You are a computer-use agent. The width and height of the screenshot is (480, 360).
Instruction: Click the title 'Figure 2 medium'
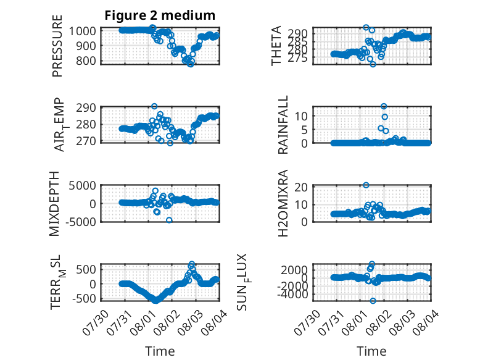(160, 15)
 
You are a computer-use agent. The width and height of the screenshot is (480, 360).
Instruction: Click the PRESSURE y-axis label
(57, 46)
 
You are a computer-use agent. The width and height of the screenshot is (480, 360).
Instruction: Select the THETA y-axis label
(276, 46)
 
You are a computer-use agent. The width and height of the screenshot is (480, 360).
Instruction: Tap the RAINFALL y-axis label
(283, 124)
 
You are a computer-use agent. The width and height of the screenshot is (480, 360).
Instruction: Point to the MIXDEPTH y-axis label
(54, 203)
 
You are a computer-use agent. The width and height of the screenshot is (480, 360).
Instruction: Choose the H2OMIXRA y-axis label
(283, 203)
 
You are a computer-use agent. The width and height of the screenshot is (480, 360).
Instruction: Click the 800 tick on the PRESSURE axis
(85, 61)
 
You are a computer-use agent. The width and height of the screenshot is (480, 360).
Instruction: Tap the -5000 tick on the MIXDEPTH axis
(82, 222)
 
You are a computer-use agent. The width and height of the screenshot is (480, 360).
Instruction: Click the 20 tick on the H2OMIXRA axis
(301, 187)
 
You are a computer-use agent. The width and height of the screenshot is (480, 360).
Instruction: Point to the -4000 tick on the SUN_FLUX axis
(294, 295)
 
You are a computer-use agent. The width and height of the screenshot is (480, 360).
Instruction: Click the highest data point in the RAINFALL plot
(384, 106)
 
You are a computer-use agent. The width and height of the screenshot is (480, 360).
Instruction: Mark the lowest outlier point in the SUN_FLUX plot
(373, 301)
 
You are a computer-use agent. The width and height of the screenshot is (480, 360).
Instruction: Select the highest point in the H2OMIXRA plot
(366, 185)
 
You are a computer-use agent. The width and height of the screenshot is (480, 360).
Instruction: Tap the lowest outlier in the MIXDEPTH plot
(169, 220)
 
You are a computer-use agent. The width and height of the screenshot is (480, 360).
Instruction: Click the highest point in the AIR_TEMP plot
(154, 106)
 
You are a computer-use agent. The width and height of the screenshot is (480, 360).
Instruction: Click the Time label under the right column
(371, 351)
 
